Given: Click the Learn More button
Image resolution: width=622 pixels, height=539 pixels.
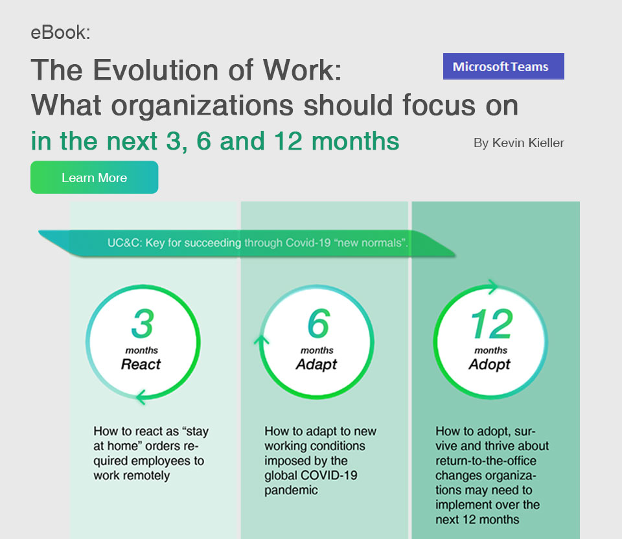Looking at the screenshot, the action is [x=95, y=178].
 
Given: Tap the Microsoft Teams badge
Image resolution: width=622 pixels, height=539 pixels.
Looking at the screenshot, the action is [x=503, y=66].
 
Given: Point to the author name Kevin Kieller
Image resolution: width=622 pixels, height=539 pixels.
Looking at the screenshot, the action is [x=528, y=143].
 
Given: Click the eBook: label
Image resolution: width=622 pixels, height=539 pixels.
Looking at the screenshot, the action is [x=60, y=32].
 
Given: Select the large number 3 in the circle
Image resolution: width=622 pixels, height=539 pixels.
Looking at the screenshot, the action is [x=143, y=324].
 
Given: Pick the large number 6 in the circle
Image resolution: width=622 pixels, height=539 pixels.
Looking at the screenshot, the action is [x=319, y=324].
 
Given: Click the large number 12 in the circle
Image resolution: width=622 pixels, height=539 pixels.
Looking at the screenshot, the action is [x=492, y=324].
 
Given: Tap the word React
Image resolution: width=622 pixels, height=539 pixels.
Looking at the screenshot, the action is [x=141, y=364].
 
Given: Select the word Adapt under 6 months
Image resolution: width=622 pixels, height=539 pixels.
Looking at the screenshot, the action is [x=316, y=365].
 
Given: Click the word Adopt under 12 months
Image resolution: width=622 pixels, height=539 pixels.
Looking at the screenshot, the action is [x=490, y=365].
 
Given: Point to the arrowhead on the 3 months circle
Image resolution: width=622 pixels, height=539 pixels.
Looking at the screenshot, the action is [x=141, y=396].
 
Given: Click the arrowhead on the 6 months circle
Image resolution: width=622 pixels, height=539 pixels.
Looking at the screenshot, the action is [x=261, y=340].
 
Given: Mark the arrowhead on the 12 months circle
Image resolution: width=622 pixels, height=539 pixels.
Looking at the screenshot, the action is [x=492, y=286].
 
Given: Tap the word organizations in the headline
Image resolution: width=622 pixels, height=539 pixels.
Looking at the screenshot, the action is [x=202, y=106].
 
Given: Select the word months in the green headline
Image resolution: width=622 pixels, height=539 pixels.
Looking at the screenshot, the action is [x=356, y=141].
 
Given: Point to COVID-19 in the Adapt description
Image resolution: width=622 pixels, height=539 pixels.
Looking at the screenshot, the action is [x=329, y=475].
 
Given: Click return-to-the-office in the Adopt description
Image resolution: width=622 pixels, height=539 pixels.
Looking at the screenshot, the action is [x=486, y=461].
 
